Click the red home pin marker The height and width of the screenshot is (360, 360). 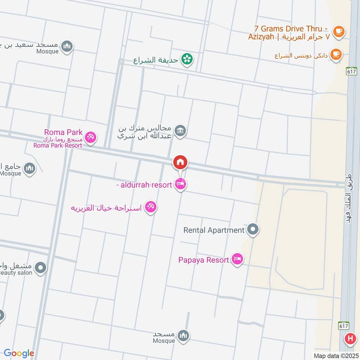point(180,162)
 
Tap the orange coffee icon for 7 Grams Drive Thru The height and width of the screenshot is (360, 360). point(338,31)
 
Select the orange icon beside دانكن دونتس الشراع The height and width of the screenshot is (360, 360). point(335,55)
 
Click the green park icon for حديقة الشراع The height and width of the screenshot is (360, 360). point(187,58)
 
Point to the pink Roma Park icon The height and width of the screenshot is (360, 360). point(90,137)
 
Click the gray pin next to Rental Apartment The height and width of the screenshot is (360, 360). point(253,230)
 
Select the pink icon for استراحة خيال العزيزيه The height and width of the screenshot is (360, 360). point(151,207)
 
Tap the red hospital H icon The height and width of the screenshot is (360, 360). point(349,339)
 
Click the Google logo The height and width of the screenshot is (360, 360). point(19,353)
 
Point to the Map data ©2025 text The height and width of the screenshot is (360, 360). point(335,355)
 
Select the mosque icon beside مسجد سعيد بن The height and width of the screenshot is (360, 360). point(67,45)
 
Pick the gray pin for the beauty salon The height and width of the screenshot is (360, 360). point(40,268)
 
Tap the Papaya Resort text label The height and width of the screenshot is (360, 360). point(204,260)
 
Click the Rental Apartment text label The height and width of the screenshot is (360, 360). point(214,230)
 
